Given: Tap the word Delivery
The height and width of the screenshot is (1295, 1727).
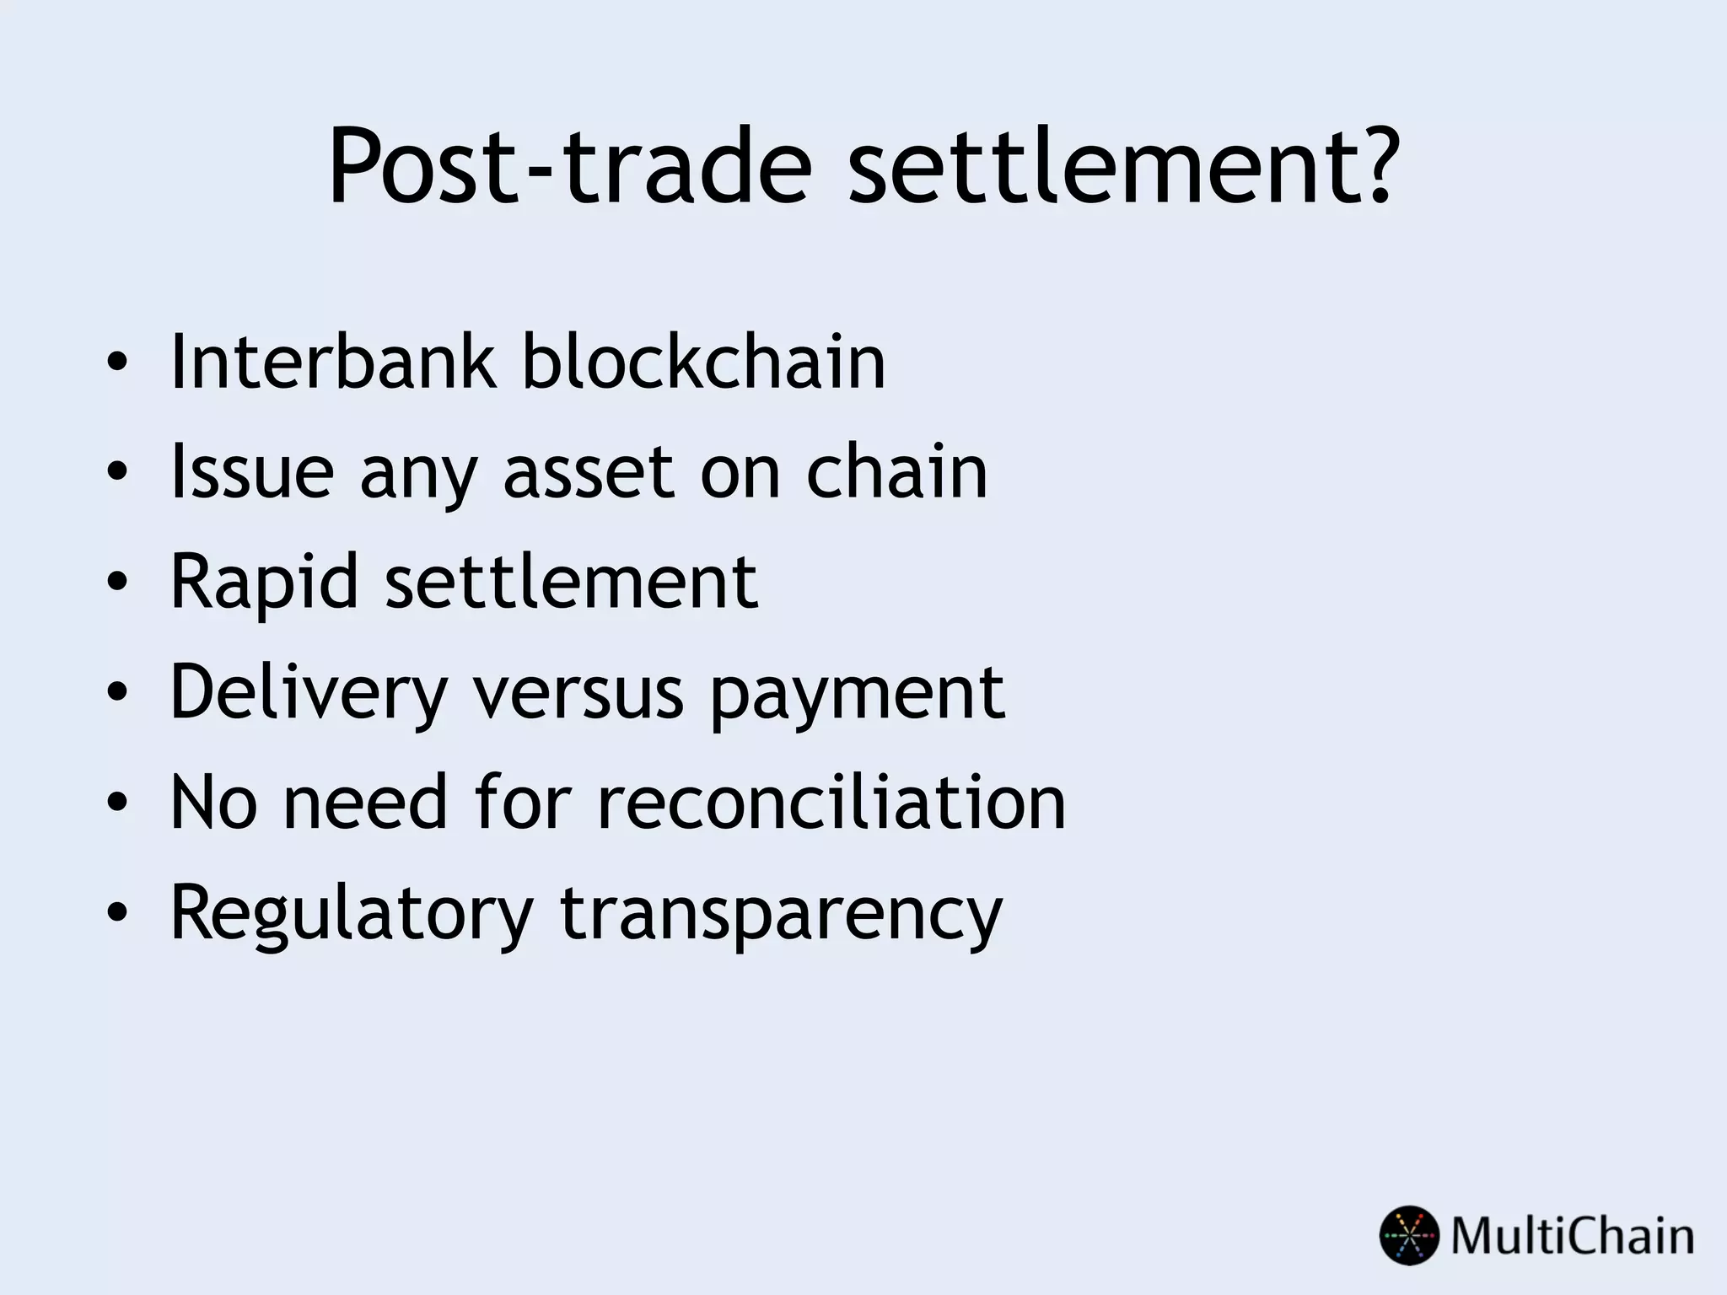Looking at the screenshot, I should click(x=308, y=693).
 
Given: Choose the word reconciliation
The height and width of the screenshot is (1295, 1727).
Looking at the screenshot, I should click(x=831, y=802).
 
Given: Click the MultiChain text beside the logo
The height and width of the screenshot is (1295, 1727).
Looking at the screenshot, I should click(x=1572, y=1237).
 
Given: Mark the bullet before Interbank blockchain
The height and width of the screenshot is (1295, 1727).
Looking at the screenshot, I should click(x=117, y=363).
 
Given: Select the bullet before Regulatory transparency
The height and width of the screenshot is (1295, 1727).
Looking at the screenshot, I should click(x=117, y=913).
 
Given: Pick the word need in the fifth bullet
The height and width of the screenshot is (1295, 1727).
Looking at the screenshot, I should click(x=364, y=802).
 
